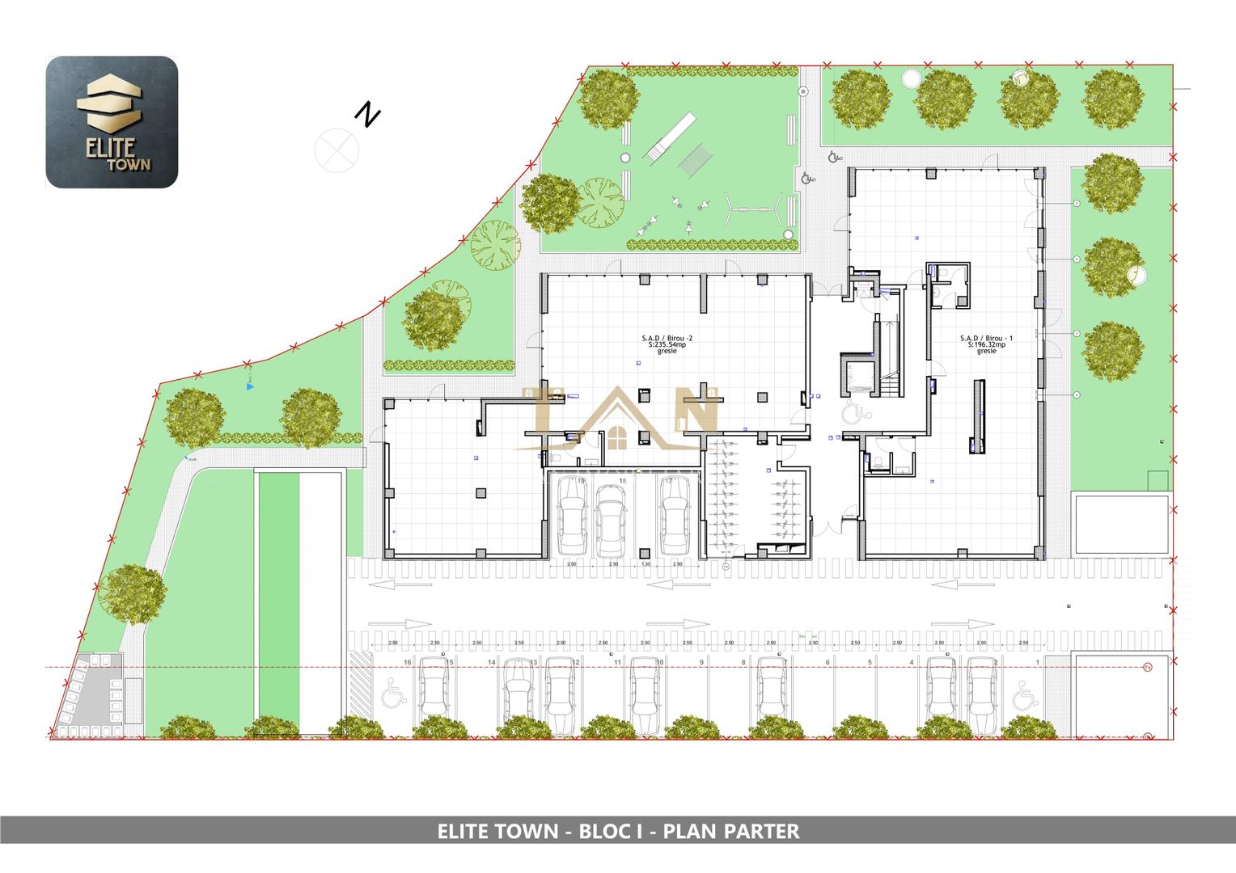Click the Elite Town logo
(112, 122)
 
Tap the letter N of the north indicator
(368, 115)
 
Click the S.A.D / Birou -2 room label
(667, 344)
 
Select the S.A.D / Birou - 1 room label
(985, 344)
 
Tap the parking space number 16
(407, 662)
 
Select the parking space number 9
(701, 662)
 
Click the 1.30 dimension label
(646, 563)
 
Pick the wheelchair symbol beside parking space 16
(394, 694)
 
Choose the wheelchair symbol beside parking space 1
(1026, 694)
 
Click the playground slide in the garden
(670, 136)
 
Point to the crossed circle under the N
(337, 150)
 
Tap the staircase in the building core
(888, 356)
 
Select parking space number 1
(1038, 662)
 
